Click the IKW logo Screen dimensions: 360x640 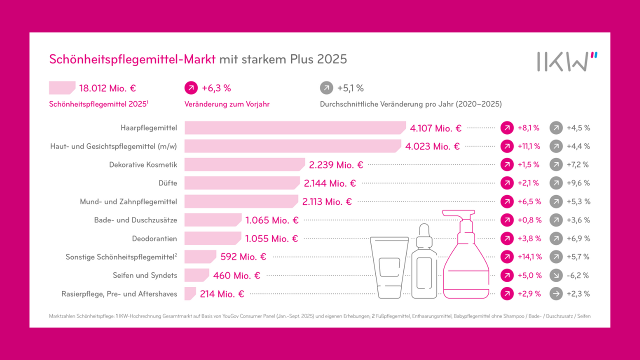[567, 61]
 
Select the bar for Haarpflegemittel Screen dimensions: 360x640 [295, 128]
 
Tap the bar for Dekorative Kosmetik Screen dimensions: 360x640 [244, 164]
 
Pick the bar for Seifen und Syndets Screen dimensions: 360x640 [196, 275]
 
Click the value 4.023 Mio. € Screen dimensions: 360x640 [432, 146]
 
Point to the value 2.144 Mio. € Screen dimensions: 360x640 [329, 183]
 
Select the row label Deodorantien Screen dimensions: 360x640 [154, 238]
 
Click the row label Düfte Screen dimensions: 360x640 [168, 183]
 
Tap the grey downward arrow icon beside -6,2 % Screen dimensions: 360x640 [556, 275]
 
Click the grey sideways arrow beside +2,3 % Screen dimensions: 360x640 [556, 293]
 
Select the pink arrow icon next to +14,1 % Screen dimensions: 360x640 [507, 256]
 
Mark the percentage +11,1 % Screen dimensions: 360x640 [529, 146]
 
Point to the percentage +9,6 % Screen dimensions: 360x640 [578, 183]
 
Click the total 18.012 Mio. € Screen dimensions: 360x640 [107, 88]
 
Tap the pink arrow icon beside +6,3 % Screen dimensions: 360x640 [191, 88]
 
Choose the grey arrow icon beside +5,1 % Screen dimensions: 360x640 [326, 88]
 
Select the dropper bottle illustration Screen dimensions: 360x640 [424, 265]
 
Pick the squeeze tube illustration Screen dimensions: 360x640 [389, 267]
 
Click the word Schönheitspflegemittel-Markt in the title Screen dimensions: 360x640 [132, 59]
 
